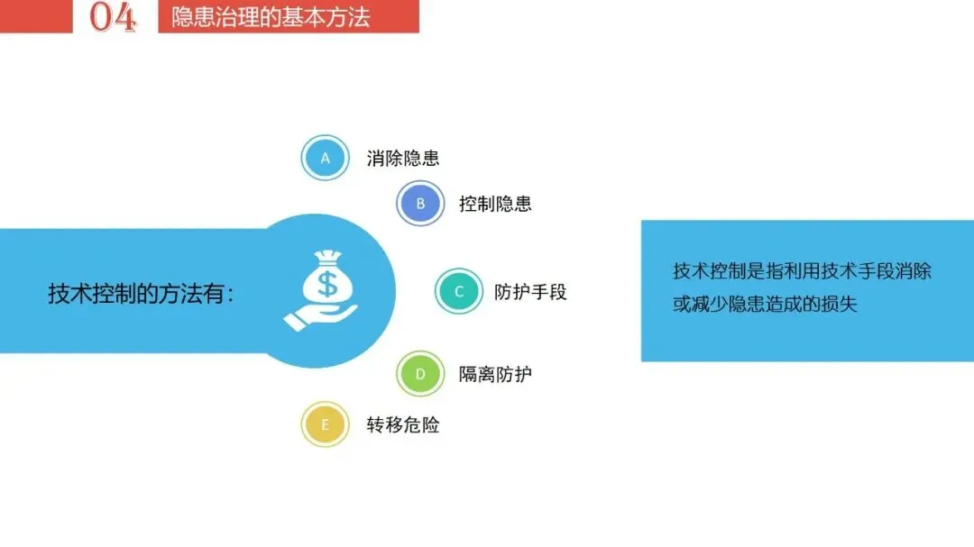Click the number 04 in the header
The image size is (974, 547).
pos(113,16)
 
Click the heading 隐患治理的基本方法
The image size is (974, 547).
pos(271,17)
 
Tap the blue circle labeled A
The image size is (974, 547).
pos(325,158)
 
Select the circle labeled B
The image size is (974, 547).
pos(420,203)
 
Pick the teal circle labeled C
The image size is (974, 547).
pos(459,291)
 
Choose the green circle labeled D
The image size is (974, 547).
pos(420,373)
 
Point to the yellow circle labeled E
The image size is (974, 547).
pos(325,424)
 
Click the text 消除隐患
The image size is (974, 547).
pos(403,159)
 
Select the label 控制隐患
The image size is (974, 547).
pos(495,204)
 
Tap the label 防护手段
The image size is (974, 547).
pos(530,292)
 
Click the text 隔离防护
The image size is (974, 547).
pos(495,374)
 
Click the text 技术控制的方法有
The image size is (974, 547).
pos(141,294)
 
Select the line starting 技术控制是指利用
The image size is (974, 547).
pos(802,271)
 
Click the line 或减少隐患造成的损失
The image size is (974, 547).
pos(765,305)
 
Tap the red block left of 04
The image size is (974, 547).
pos(36,16)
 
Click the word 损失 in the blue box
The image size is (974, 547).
pos(838,305)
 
